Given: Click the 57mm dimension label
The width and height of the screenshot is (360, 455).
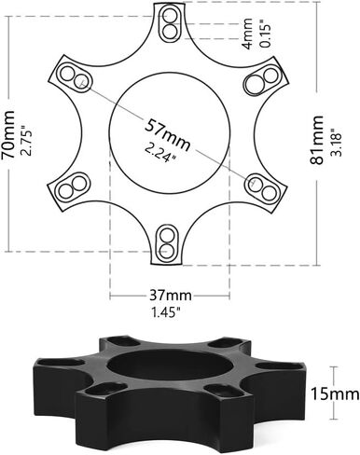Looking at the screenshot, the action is (167, 134).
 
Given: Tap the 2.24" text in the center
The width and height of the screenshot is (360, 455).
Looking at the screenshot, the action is (159, 153).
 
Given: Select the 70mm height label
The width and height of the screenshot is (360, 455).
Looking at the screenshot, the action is (7, 134).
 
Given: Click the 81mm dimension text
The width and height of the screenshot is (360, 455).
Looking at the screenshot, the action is (316, 140).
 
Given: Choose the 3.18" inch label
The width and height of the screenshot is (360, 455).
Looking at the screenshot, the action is (337, 143).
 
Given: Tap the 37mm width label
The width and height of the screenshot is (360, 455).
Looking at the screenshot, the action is (171, 295).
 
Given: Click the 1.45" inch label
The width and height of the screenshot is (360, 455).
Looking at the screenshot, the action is (166, 311).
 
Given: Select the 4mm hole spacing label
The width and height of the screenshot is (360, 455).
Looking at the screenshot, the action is (248, 34).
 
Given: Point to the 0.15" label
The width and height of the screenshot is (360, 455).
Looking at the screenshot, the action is (267, 34).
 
